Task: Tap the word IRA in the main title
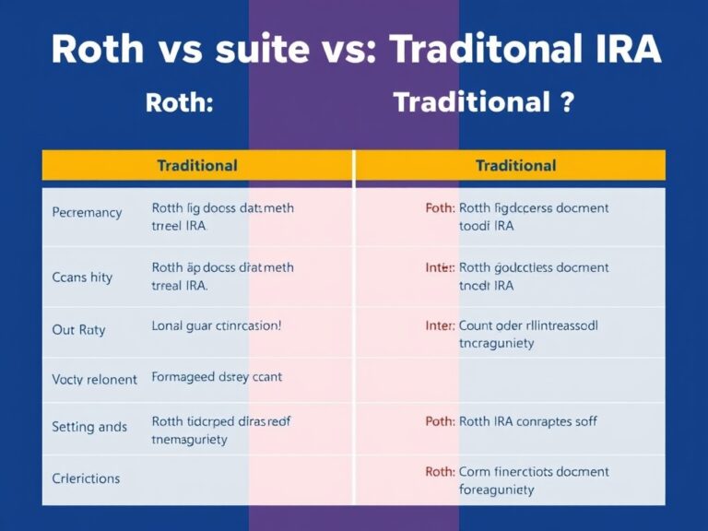pyautogui.click(x=620, y=50)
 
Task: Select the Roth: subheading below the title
pyautogui.click(x=179, y=102)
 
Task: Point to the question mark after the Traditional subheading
pyautogui.click(x=567, y=102)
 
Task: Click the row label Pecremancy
pyautogui.click(x=87, y=212)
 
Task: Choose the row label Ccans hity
pyautogui.click(x=82, y=277)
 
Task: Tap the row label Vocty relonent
pyautogui.click(x=95, y=379)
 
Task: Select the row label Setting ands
pyautogui.click(x=89, y=427)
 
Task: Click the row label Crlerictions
pyautogui.click(x=87, y=478)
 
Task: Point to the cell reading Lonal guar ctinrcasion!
pyautogui.click(x=217, y=325)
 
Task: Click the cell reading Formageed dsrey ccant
pyautogui.click(x=217, y=376)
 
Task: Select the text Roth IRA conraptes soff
pyautogui.click(x=527, y=421)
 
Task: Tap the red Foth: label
pyautogui.click(x=440, y=208)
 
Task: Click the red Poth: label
pyautogui.click(x=440, y=421)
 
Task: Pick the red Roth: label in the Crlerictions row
pyautogui.click(x=440, y=471)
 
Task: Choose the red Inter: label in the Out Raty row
pyautogui.click(x=440, y=325)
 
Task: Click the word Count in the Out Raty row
pyautogui.click(x=478, y=325)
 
